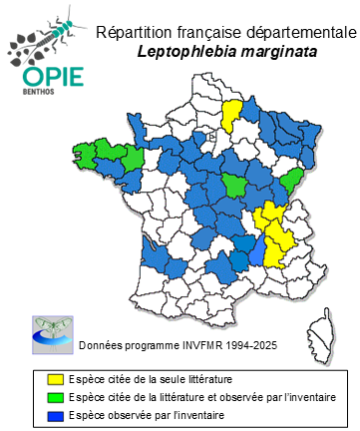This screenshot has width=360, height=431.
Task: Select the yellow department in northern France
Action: [x=231, y=116]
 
